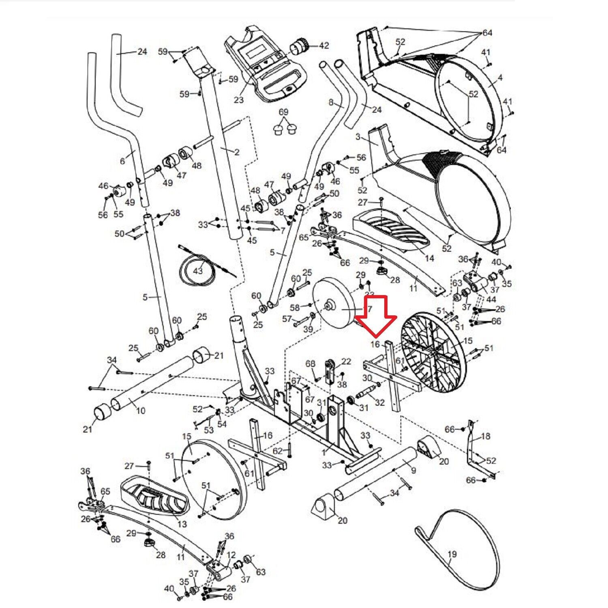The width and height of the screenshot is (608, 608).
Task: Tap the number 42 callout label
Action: pyautogui.click(x=324, y=45)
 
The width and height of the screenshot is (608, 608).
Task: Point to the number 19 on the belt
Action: pyautogui.click(x=452, y=554)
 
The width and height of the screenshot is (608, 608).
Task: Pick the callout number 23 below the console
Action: pyautogui.click(x=238, y=99)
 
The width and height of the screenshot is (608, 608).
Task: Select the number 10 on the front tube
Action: pyautogui.click(x=140, y=410)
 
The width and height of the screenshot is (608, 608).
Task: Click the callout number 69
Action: pyautogui.click(x=283, y=111)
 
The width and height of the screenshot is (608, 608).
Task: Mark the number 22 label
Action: pyautogui.click(x=346, y=361)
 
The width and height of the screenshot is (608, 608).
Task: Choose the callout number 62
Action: pyautogui.click(x=277, y=451)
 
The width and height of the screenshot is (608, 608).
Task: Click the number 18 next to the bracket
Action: pyautogui.click(x=485, y=436)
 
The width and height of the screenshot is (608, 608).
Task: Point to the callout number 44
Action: pyautogui.click(x=491, y=299)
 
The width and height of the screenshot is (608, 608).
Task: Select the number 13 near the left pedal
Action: pyautogui.click(x=182, y=524)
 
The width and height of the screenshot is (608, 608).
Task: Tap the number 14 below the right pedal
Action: pyautogui.click(x=429, y=258)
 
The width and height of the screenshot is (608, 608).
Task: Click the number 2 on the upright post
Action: pyautogui.click(x=237, y=152)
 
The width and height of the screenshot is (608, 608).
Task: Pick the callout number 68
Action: pyautogui.click(x=310, y=364)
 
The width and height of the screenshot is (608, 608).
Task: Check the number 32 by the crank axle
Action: pyautogui.click(x=379, y=402)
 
